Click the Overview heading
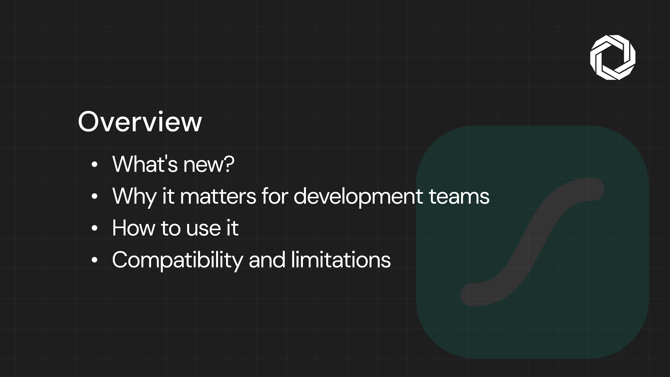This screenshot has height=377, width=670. (140, 121)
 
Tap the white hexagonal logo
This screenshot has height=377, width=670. (613, 57)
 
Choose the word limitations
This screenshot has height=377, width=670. (341, 259)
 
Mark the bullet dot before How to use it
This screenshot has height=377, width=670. (94, 228)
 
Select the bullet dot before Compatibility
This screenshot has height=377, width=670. (94, 260)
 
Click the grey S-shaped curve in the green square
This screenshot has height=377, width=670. (531, 242)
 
